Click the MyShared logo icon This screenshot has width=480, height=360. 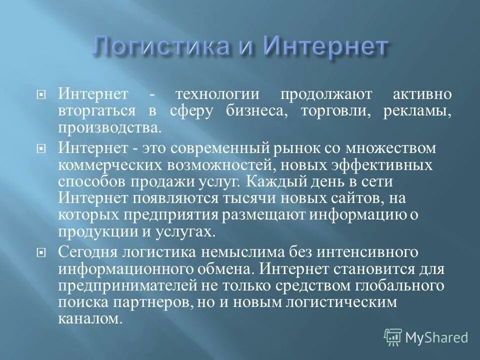(x=393, y=337)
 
